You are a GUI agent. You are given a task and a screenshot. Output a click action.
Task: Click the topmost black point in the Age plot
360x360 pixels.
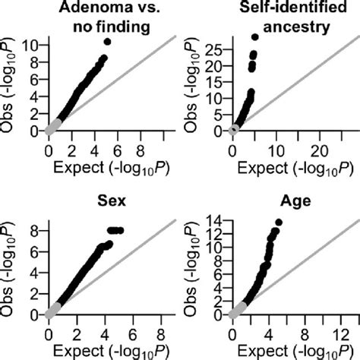pyautogui.click(x=278, y=223)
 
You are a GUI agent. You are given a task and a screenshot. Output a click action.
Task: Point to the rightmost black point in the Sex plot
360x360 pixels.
pyautogui.click(x=119, y=229)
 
